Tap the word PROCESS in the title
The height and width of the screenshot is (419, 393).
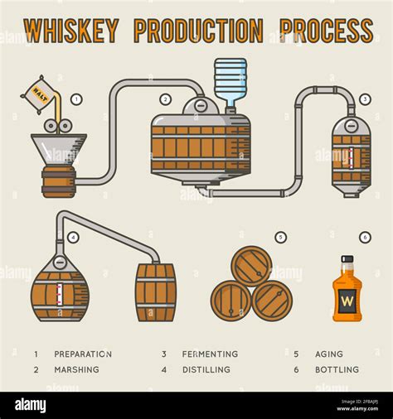[x=326, y=31]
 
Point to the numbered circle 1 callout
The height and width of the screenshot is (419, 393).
[x=76, y=99]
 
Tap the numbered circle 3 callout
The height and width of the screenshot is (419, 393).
[x=365, y=99]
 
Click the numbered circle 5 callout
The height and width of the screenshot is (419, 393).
[x=280, y=238]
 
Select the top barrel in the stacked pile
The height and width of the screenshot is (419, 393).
[x=251, y=266]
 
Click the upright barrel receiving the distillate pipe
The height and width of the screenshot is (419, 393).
[x=156, y=292]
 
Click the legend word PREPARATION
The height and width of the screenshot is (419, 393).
[x=83, y=354]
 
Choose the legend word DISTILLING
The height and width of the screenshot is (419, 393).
[x=206, y=369]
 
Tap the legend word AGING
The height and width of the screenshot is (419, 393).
[x=328, y=354]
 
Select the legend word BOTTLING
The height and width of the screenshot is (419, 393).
[x=337, y=369]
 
